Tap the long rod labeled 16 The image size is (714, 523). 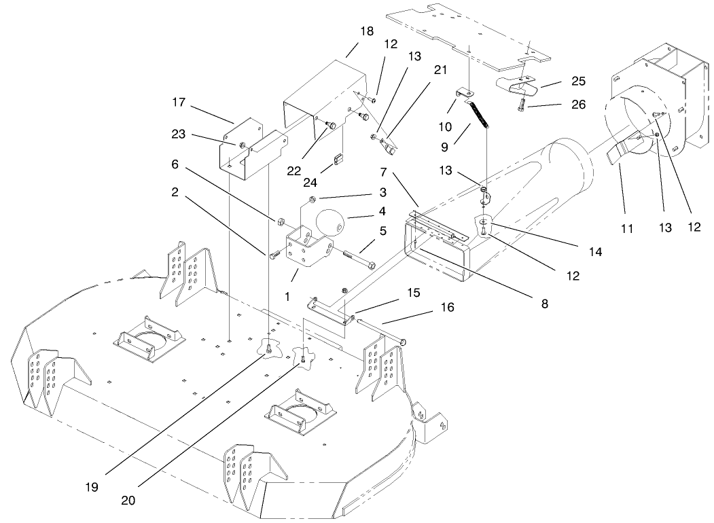(x=380, y=331)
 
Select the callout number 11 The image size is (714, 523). (x=627, y=229)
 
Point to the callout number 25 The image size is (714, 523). (x=578, y=82)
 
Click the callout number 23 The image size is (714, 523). (x=179, y=135)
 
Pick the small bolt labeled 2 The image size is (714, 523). (x=274, y=255)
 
